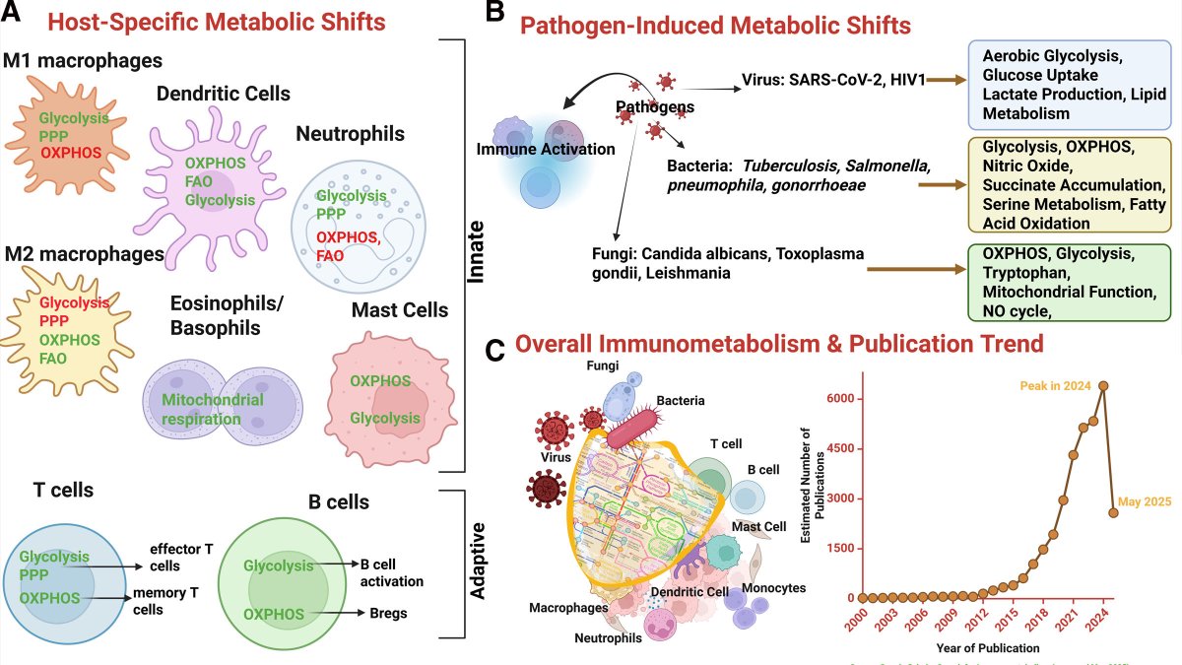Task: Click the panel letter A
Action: pos(18,20)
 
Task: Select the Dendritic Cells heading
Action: pos(223,94)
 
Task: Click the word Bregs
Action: pos(387,614)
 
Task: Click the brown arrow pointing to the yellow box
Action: pos(942,184)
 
